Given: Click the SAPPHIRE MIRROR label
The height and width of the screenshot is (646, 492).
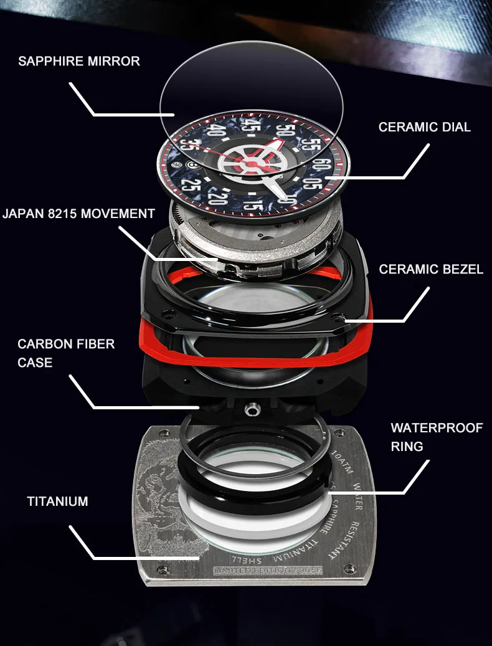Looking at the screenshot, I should point(79,61).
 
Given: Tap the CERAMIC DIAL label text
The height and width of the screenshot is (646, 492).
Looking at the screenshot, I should point(424,127).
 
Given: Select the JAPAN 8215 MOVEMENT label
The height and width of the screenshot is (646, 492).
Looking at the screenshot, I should point(78,214).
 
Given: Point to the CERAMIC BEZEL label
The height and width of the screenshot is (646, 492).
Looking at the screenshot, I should point(431,270).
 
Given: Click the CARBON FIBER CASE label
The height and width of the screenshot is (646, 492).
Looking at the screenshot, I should point(66,353).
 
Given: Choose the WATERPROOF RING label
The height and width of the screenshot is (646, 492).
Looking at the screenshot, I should point(436,437).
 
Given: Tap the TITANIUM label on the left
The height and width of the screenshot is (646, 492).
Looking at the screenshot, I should point(57,501).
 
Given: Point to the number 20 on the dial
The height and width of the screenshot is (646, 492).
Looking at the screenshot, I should point(217,199).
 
